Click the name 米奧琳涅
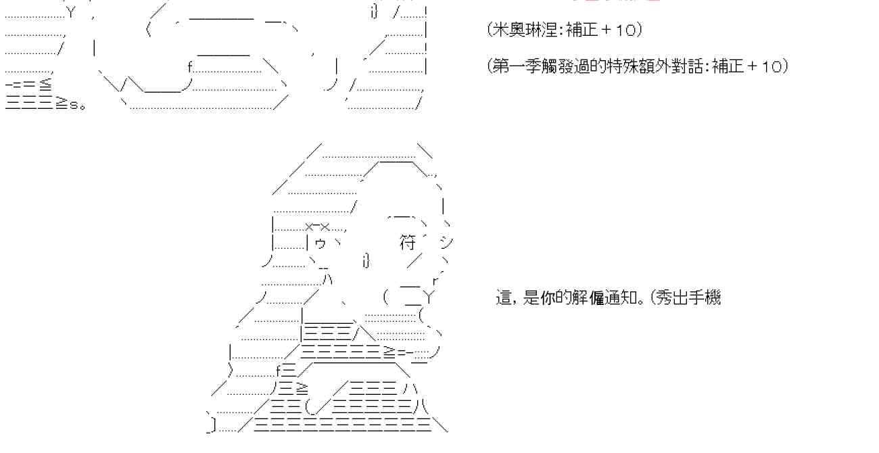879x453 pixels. pyautogui.click(x=522, y=30)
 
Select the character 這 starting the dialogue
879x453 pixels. pyautogui.click(x=504, y=297)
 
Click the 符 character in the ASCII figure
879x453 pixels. pyautogui.click(x=407, y=243)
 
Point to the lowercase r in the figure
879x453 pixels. pyautogui.click(x=436, y=279)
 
